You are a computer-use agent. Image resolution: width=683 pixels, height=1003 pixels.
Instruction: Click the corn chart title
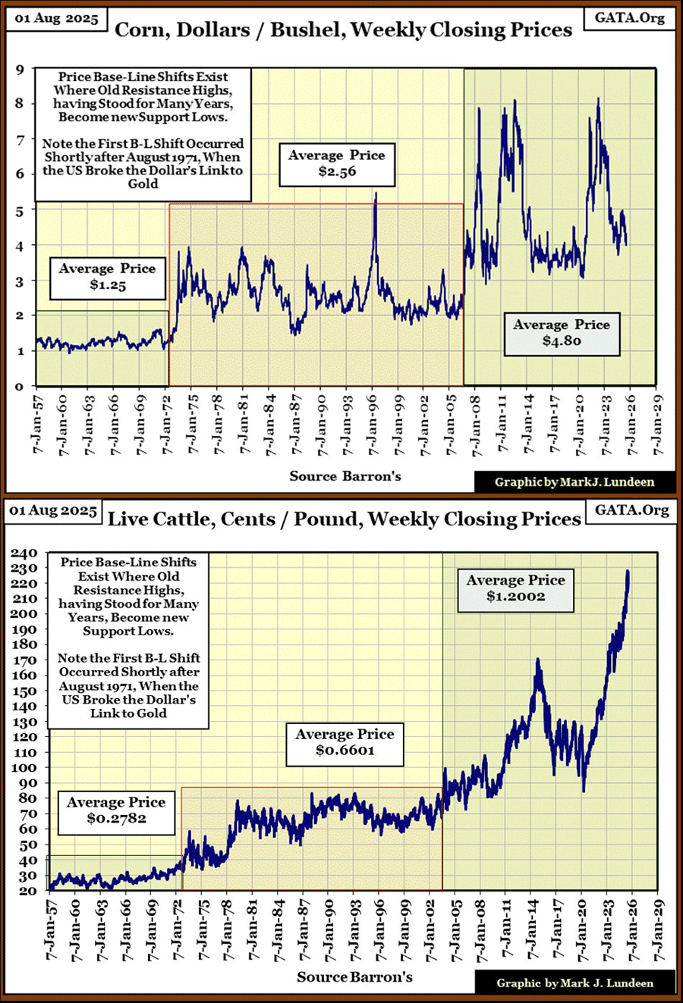point(343,30)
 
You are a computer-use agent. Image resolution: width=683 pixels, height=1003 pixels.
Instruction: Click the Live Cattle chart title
point(344,519)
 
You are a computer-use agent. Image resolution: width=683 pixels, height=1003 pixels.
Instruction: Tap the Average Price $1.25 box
point(107,277)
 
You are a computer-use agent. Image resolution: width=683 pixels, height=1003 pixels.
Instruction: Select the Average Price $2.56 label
point(337,164)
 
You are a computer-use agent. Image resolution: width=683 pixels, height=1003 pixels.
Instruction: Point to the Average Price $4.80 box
point(561,333)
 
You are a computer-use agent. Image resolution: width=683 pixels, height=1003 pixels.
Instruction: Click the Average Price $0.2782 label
point(116,810)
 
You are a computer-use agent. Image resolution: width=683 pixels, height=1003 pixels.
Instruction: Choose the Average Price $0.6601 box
point(345,742)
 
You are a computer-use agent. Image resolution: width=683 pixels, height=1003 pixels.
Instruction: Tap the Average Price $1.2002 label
point(515,588)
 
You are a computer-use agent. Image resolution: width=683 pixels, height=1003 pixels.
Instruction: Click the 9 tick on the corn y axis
point(20,70)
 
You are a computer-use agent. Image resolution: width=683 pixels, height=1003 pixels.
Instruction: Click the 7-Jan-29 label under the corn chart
point(657,425)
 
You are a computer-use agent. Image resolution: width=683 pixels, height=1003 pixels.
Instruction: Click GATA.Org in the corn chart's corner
point(629,17)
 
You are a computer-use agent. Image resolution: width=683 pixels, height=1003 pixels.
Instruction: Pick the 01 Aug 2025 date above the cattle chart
point(52,510)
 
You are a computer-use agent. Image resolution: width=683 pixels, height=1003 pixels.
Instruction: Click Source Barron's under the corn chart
point(345,476)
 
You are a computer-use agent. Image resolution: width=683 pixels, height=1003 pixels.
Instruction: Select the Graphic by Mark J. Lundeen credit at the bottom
point(574,983)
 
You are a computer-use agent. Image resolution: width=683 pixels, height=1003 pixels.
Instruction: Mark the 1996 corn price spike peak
point(376,193)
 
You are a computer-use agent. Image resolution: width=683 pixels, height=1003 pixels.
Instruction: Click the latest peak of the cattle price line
point(628,571)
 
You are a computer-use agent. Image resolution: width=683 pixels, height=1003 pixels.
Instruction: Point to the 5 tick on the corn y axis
point(20,211)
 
